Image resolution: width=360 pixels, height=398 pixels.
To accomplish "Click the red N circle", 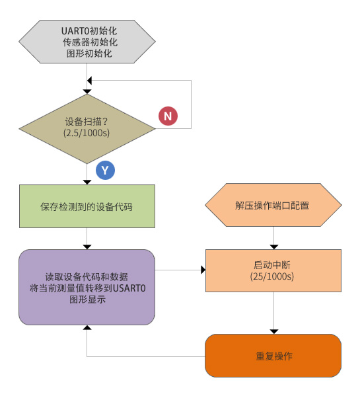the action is [168, 116].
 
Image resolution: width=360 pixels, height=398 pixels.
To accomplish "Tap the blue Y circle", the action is [105, 170].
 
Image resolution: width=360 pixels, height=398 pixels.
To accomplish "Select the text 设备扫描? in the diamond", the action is [87, 122].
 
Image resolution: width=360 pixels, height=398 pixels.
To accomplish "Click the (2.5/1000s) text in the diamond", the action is [87, 133].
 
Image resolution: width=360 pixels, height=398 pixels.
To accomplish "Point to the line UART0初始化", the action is [89, 31].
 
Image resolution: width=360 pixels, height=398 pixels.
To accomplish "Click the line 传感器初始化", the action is [90, 42].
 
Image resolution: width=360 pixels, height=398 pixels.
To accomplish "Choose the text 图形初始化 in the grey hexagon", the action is [89, 54].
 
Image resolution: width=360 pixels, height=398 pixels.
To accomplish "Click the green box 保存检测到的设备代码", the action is [87, 206].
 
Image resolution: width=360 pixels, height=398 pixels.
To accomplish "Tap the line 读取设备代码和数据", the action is [87, 276].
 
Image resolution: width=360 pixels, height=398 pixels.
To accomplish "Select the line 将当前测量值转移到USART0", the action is [88, 288].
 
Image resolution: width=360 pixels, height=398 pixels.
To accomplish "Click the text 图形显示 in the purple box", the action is [87, 299].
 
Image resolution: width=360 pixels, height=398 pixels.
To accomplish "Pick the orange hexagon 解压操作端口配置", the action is [273, 205].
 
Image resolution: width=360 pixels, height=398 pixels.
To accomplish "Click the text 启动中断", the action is [271, 264].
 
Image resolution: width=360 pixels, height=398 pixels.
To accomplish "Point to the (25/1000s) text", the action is [271, 276].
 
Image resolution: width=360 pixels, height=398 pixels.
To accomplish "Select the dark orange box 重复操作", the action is [273, 356].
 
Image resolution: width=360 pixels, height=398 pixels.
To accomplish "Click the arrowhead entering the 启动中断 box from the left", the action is [203, 270].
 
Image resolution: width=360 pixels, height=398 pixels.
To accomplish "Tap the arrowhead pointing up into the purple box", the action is [87, 327].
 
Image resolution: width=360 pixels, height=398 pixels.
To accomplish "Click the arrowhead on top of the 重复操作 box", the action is [274, 332].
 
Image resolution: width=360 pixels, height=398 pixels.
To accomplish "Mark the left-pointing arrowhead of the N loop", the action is [89, 81].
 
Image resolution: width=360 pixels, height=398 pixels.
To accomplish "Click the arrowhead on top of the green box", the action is [87, 182].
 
